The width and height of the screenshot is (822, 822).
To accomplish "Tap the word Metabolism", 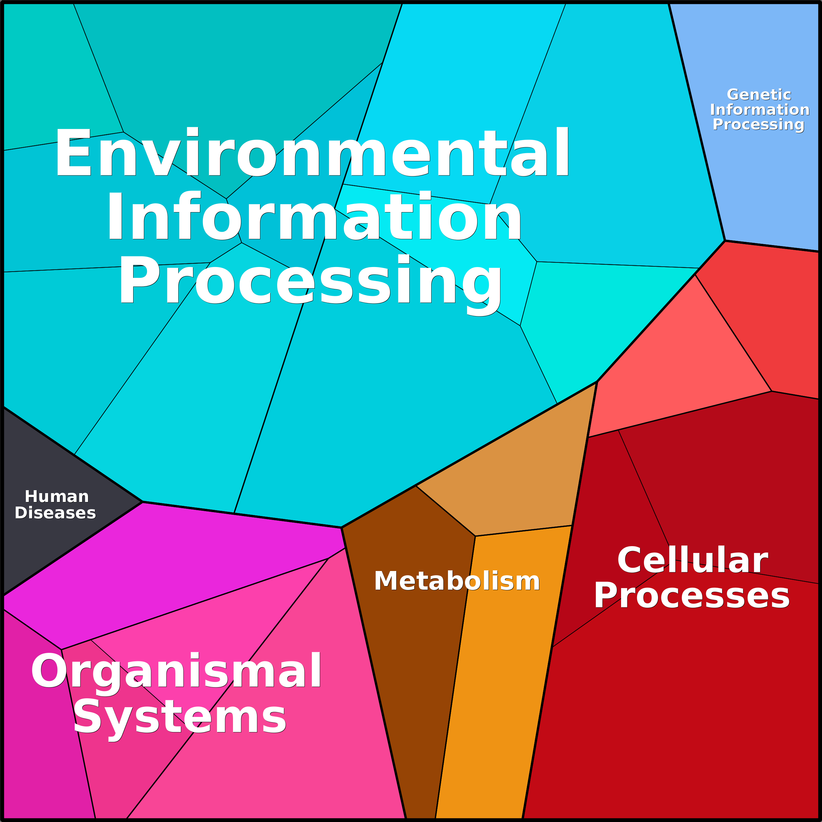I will click(x=456, y=581).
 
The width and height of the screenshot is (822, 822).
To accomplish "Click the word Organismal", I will click(x=176, y=671).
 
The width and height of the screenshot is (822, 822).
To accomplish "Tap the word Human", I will click(x=57, y=496).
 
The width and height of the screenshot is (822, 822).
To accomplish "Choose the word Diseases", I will click(x=55, y=513).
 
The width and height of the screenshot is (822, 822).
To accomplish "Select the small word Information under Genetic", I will click(x=759, y=110).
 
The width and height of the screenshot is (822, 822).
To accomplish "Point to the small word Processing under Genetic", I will click(x=758, y=125).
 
